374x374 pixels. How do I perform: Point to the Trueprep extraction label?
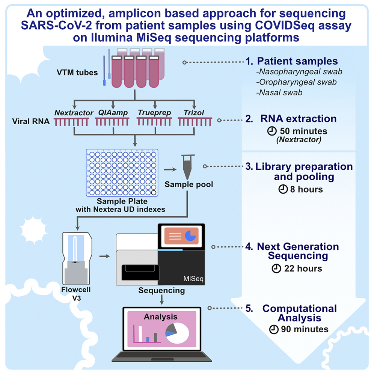click(153, 112)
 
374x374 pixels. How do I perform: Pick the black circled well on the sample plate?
click(153, 193)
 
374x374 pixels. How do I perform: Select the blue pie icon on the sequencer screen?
click(192, 235)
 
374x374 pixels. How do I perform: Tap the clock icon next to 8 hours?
click(282, 189)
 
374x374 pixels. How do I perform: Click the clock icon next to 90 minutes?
click(273, 329)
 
